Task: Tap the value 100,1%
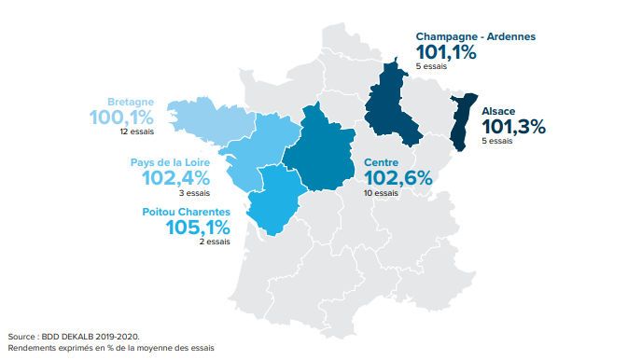pos(121,118)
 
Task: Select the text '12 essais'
pos(136,132)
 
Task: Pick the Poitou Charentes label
pos(186,212)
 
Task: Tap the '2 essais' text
pos(214,242)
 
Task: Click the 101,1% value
pos(447,53)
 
